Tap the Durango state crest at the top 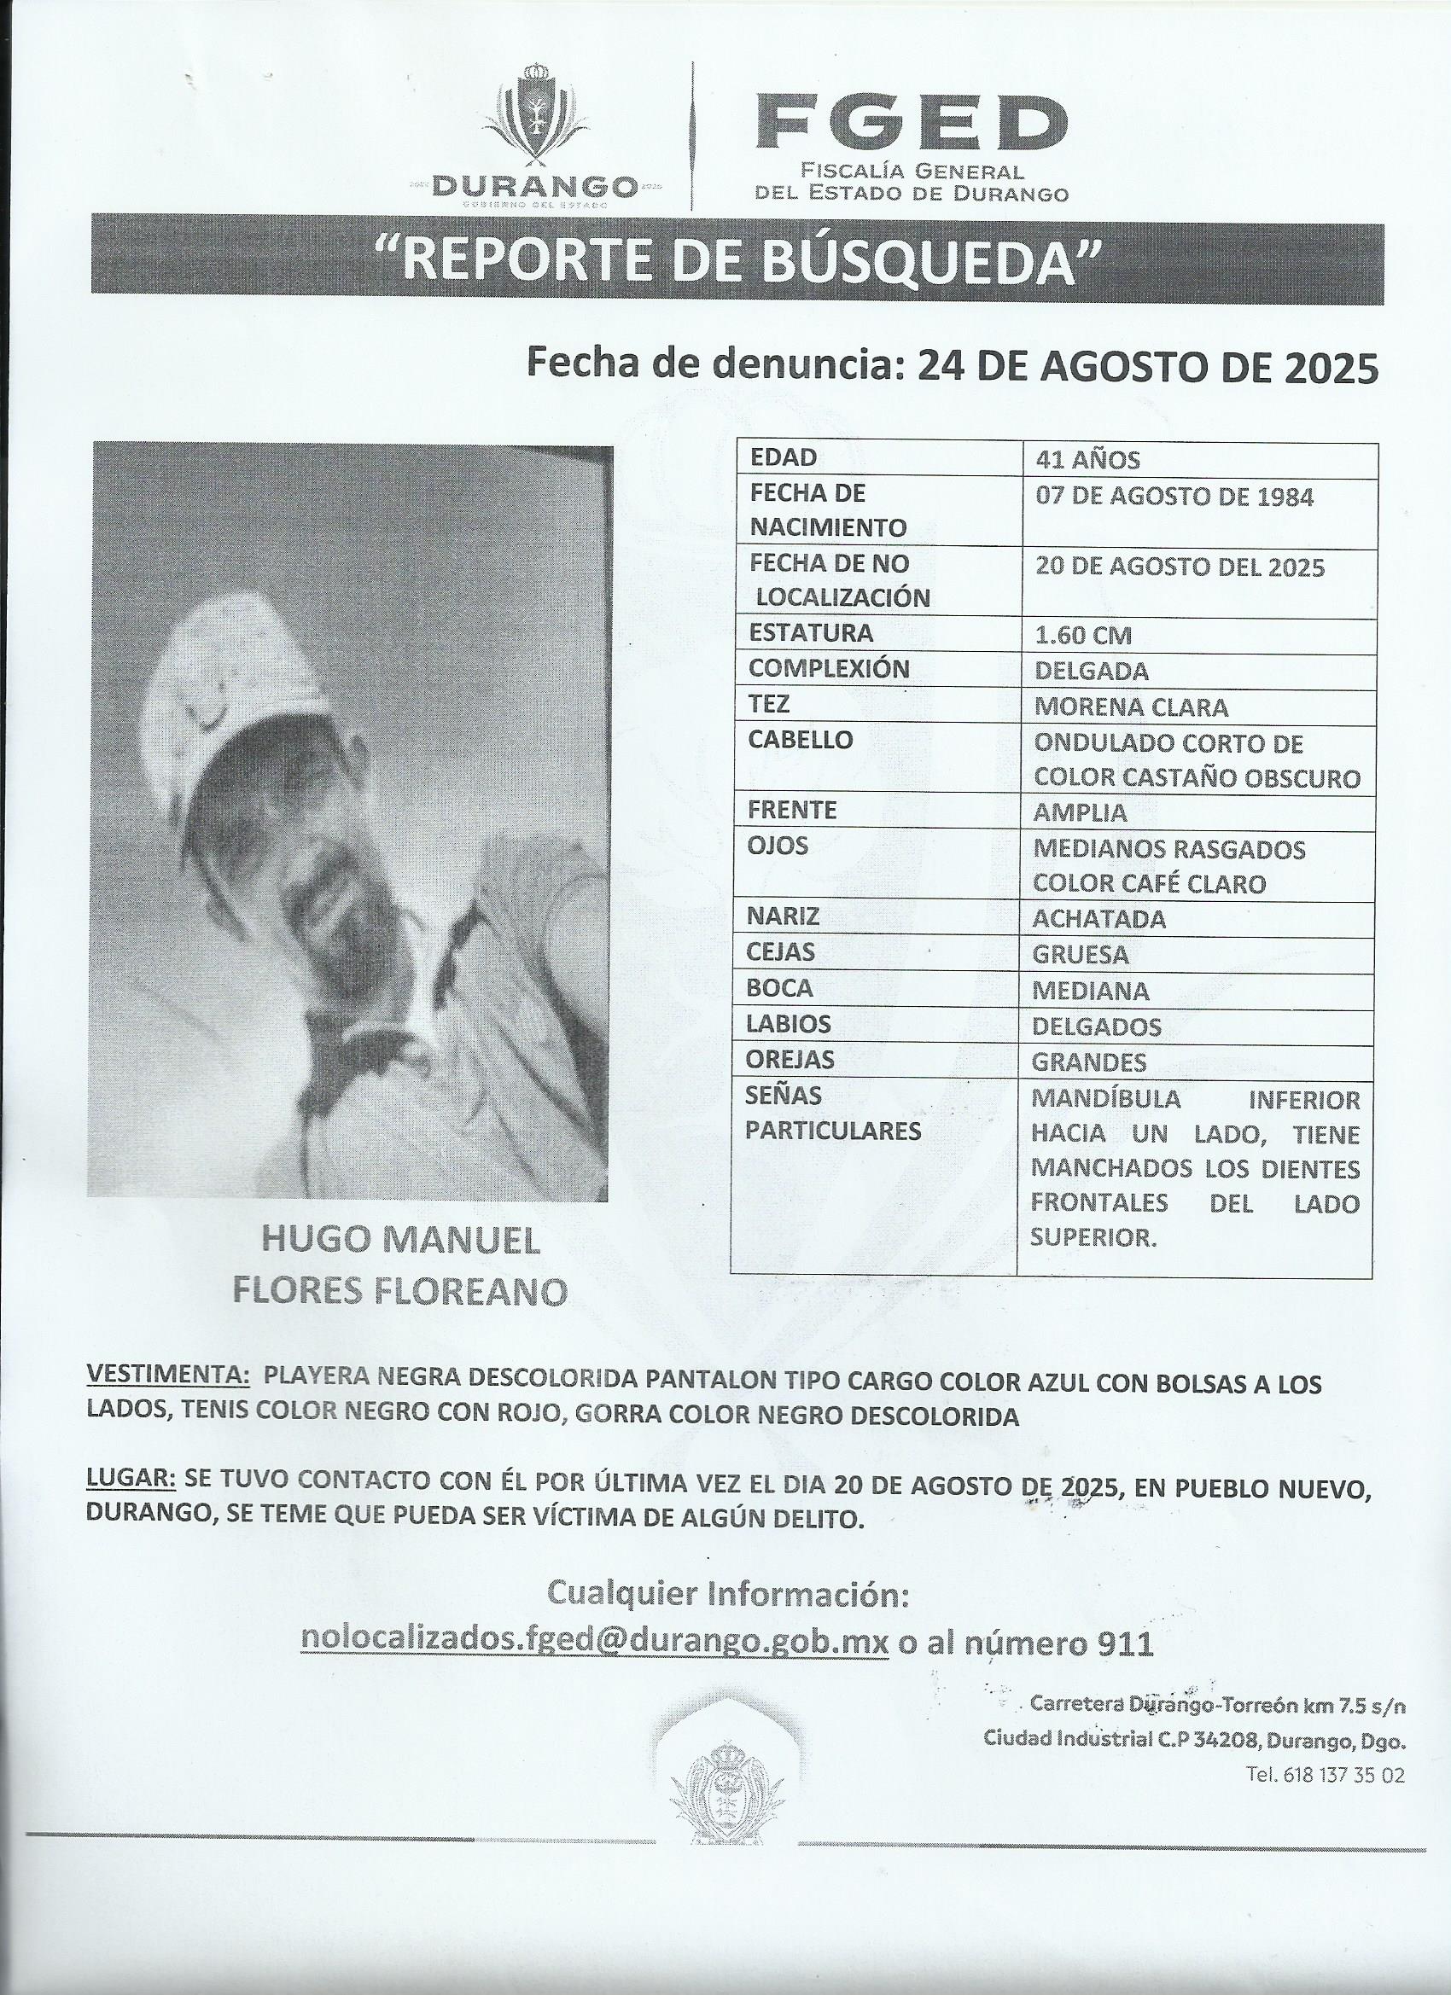535,118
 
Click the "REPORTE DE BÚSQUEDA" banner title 737,262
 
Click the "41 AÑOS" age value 1087,460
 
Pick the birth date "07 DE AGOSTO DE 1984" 1174,497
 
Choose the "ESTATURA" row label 810,633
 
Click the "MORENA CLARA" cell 1131,707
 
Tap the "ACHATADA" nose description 1099,919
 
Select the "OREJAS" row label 790,1059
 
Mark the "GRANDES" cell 1089,1062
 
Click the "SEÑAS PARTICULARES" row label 832,1113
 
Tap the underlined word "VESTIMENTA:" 166,1380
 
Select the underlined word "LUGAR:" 131,1479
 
